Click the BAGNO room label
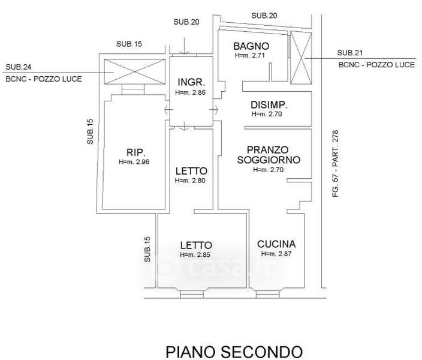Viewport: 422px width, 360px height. point(251,46)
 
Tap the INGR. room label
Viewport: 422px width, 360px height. point(191,82)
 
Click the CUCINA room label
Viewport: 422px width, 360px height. point(276,244)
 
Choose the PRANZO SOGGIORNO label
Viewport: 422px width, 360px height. point(268,155)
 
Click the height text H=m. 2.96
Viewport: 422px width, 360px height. point(134,162)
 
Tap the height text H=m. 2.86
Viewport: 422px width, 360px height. point(191,93)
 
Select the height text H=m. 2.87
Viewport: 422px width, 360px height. point(276,254)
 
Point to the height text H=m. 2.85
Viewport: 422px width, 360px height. point(195,255)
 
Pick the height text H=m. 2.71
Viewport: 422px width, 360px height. point(249,55)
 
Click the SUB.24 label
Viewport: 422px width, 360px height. point(19,67)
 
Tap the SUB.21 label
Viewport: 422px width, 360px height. point(350,52)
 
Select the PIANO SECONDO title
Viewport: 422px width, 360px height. point(234,350)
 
